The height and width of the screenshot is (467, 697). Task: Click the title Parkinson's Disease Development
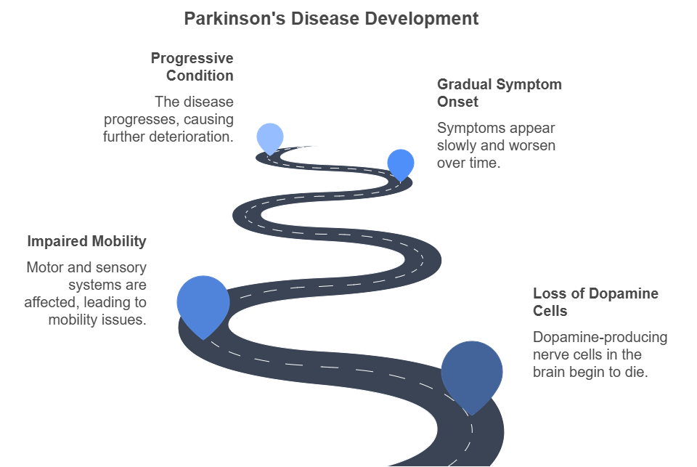pyautogui.click(x=331, y=19)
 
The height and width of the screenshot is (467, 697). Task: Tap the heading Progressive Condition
pyautogui.click(x=192, y=67)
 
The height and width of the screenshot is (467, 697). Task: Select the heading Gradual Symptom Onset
pyautogui.click(x=500, y=93)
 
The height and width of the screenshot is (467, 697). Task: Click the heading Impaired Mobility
pyautogui.click(x=86, y=241)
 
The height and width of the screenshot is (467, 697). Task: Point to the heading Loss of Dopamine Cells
pyautogui.click(x=595, y=302)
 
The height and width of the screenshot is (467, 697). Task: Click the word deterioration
pyautogui.click(x=191, y=137)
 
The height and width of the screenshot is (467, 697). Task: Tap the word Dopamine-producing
pyautogui.click(x=600, y=337)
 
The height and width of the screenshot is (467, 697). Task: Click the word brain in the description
pyautogui.click(x=550, y=372)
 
